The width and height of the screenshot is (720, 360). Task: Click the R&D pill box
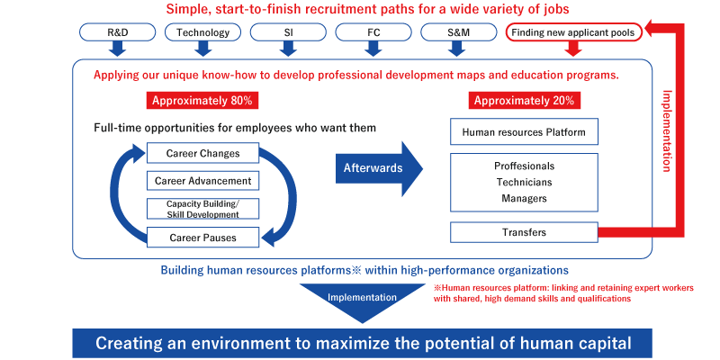(118, 32)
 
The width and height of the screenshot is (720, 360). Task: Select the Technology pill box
(203, 32)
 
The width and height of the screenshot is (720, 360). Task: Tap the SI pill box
(288, 32)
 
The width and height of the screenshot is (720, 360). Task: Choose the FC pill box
(373, 32)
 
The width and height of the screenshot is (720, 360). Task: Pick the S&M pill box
(459, 32)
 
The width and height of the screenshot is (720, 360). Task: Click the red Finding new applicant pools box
(573, 32)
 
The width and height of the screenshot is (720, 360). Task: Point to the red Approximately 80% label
(202, 101)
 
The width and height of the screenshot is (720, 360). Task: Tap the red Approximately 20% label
(525, 101)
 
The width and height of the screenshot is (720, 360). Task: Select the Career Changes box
(203, 153)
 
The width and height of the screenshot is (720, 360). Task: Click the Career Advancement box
(203, 181)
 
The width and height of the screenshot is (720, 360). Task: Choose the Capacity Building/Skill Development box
(203, 209)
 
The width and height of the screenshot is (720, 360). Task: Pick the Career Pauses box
(203, 238)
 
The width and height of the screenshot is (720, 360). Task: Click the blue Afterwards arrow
(379, 168)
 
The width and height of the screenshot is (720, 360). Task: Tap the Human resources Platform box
(524, 131)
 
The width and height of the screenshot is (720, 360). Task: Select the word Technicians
(524, 183)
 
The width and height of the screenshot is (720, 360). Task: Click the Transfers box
(524, 232)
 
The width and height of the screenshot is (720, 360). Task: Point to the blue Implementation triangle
(363, 299)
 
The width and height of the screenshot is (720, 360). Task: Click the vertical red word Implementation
(668, 130)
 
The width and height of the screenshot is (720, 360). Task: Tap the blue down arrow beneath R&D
(118, 49)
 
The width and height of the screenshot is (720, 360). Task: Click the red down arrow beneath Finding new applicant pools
(573, 49)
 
